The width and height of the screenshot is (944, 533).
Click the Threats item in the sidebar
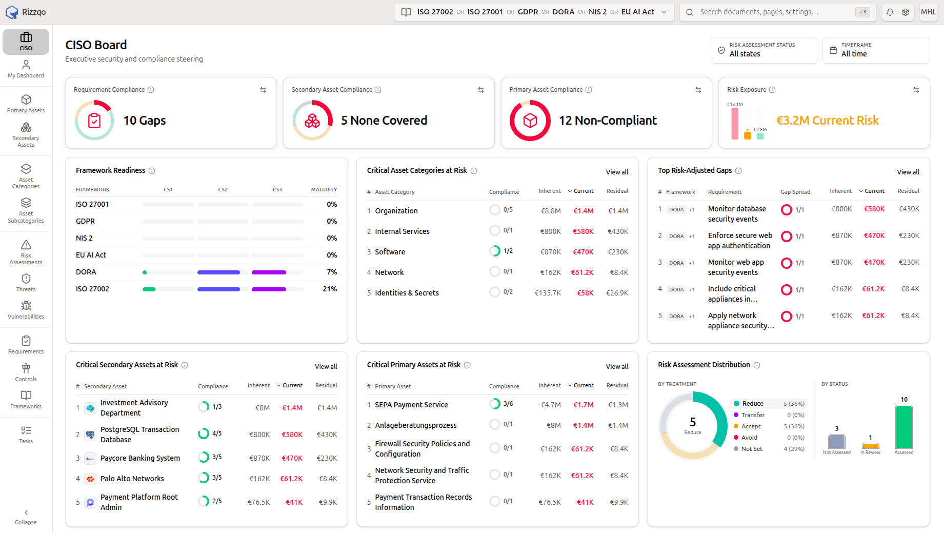[26, 283]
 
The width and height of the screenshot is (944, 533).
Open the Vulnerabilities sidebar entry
[26, 310]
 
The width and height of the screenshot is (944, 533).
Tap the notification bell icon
[890, 12]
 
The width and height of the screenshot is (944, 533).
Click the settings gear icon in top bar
[906, 12]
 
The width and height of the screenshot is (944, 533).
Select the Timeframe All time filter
[876, 50]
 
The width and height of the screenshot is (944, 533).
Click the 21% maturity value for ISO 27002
[330, 289]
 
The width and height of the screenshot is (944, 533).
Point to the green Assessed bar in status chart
[904, 427]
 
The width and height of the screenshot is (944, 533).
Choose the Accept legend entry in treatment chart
[751, 426]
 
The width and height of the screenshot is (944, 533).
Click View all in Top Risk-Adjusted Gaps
[908, 172]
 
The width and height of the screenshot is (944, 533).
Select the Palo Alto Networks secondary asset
[132, 479]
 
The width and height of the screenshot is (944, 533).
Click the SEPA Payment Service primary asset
[411, 405]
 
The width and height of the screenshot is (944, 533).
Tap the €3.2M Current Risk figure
[827, 121]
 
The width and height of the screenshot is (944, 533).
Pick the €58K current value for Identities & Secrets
[585, 293]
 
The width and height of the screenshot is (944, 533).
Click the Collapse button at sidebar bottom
[26, 517]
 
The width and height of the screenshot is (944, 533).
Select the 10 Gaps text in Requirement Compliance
[145, 121]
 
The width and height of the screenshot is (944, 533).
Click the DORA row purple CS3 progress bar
[269, 272]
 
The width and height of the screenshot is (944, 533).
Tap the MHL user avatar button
[929, 12]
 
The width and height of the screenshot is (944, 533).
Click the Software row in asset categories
[390, 252]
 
